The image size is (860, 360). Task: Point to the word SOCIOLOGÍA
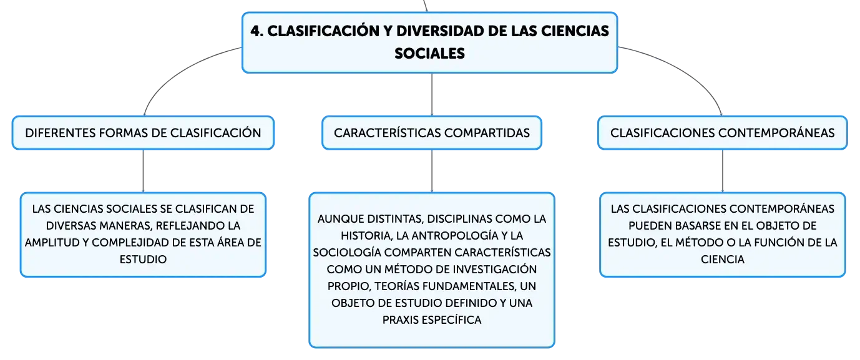[347, 253]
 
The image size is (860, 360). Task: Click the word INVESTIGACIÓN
[495, 269]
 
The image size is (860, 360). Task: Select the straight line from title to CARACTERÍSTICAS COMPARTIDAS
[432, 94]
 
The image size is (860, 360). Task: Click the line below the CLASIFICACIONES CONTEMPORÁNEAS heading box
[723, 171]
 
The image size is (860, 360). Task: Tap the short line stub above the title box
[425, 6]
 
